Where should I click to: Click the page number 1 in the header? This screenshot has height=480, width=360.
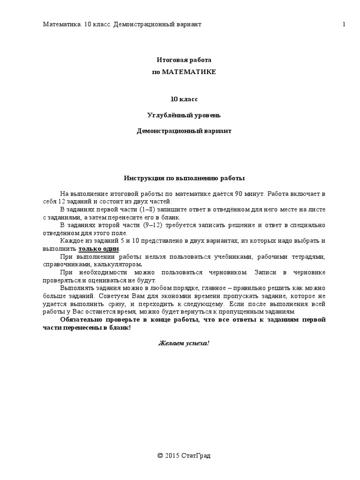[344, 24]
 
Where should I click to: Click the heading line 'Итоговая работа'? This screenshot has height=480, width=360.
[184, 60]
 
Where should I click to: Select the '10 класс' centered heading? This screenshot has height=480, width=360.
[184, 99]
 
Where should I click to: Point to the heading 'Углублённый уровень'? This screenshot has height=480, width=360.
[184, 115]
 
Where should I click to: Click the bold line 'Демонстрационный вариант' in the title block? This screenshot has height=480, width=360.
[184, 131]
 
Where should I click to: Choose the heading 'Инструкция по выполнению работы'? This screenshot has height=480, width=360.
[184, 178]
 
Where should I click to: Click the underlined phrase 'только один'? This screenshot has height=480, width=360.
[98, 248]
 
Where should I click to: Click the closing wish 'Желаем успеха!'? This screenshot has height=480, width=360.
[184, 343]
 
